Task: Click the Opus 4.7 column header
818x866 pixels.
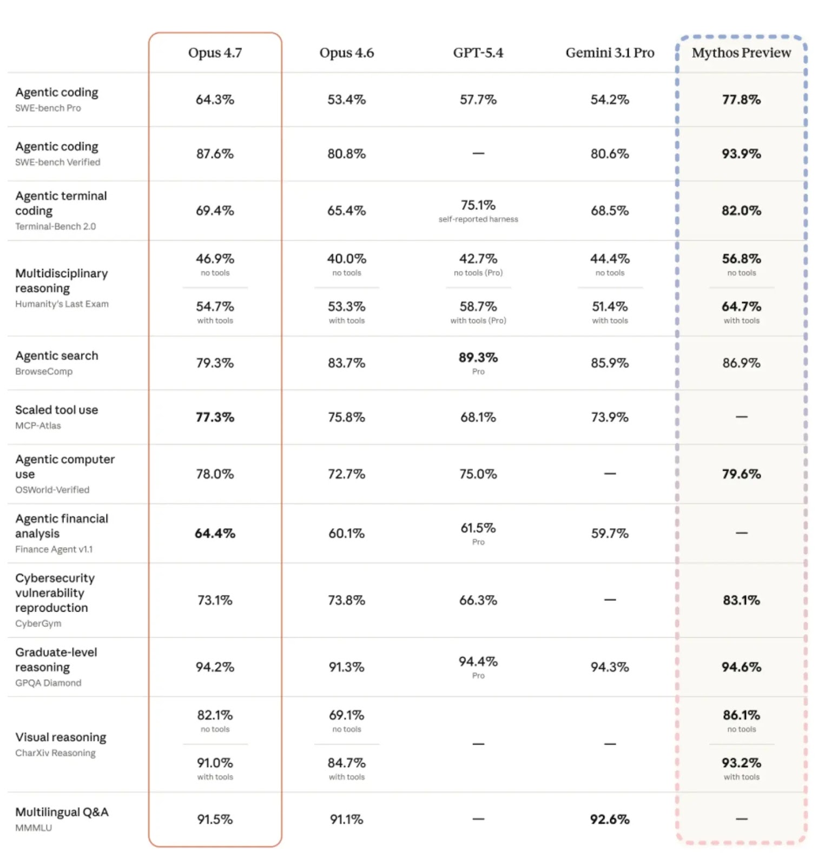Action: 215,53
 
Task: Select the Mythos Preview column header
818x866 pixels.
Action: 741,53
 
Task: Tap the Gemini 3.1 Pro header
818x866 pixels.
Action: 610,53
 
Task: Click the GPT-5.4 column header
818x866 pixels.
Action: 478,53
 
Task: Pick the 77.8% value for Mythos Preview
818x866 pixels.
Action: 741,100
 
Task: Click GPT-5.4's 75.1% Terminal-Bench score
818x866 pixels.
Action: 478,205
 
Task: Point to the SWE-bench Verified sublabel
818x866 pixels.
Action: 58,162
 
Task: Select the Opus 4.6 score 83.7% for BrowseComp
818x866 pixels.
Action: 346,363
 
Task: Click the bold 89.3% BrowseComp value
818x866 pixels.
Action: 478,357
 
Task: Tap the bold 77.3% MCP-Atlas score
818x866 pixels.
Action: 215,417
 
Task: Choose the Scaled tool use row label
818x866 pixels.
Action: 57,410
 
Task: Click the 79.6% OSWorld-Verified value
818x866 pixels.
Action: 741,474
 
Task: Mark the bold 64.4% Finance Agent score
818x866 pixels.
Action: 215,533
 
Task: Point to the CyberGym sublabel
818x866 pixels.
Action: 38,623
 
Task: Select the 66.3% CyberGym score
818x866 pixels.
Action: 478,600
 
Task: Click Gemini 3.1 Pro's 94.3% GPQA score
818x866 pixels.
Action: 610,667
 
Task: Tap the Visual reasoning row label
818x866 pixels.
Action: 61,737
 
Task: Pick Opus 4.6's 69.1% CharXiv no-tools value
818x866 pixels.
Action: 346,715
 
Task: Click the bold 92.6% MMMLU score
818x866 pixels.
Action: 610,819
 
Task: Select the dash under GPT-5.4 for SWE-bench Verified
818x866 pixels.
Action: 478,153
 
